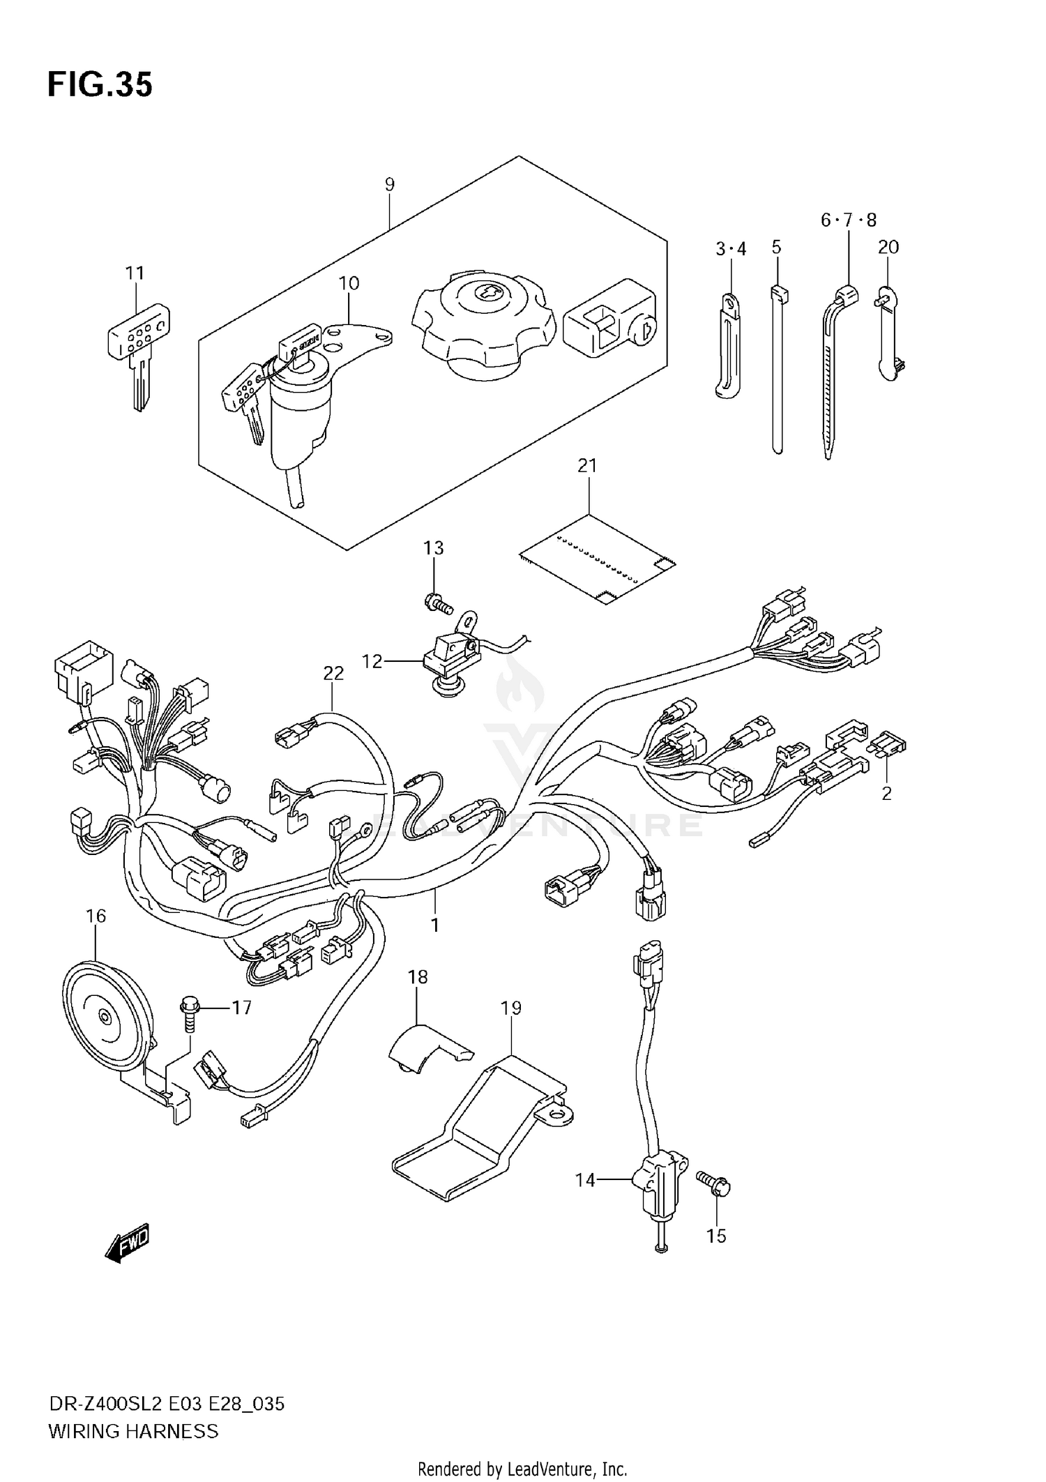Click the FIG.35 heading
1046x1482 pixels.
[x=100, y=85]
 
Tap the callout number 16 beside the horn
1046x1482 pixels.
[x=96, y=916]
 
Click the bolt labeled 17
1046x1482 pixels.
[x=190, y=1015]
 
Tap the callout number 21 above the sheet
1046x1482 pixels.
[x=587, y=465]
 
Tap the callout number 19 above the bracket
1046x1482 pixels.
[x=510, y=1008]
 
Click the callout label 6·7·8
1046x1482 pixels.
[x=848, y=220]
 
